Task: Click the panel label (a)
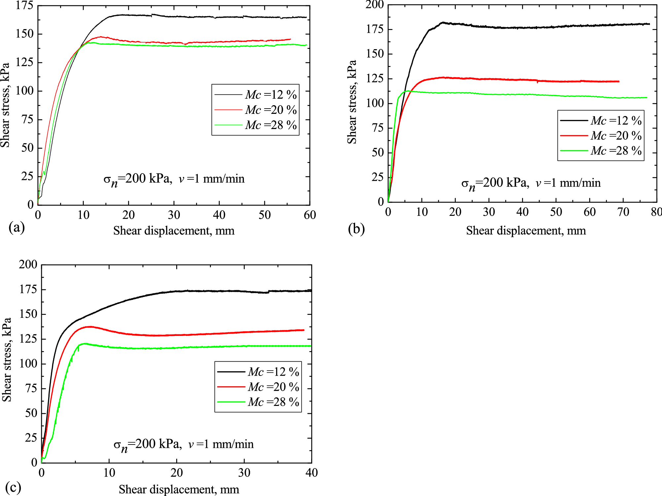pyautogui.click(x=17, y=227)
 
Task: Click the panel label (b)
pyautogui.click(x=356, y=229)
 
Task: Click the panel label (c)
pyautogui.click(x=13, y=487)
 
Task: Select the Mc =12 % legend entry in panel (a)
pyautogui.click(x=271, y=95)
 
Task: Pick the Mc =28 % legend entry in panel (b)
pyautogui.click(x=616, y=151)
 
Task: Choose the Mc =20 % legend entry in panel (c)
pyautogui.click(x=273, y=387)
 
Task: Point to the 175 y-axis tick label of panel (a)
pyautogui.click(x=24, y=6)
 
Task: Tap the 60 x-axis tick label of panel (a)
pyautogui.click(x=310, y=215)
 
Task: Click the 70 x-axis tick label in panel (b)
pyautogui.click(x=623, y=212)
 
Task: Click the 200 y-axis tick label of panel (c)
pyautogui.click(x=28, y=264)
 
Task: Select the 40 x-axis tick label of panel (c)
pyautogui.click(x=311, y=473)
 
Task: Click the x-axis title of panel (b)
pyautogui.click(x=526, y=230)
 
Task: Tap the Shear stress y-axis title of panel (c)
pyautogui.click(x=7, y=359)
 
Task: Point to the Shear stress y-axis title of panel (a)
pyautogui.click(x=5, y=105)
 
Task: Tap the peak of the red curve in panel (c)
pyautogui.click(x=90, y=327)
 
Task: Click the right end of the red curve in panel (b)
pyautogui.click(x=619, y=81)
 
